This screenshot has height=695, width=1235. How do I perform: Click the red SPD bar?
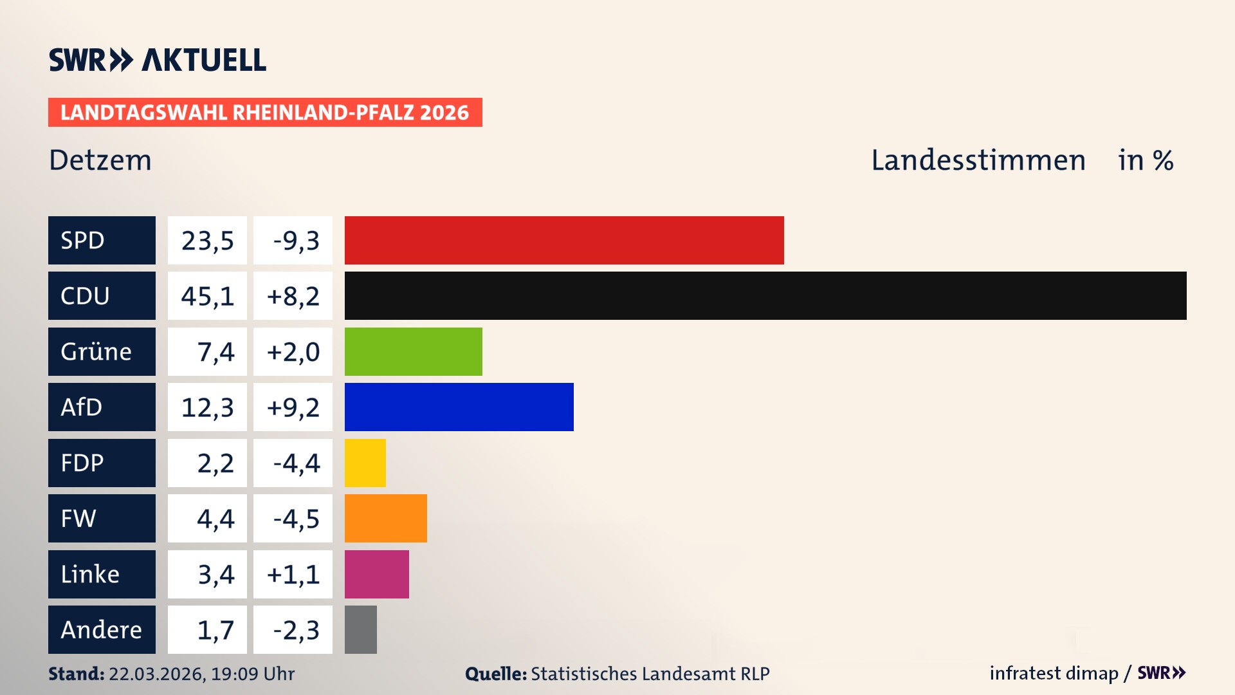pos(564,240)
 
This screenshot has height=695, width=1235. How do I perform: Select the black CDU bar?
pos(765,296)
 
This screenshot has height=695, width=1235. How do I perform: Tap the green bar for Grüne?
pos(413,351)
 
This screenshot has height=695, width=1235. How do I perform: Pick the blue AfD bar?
pos(459,407)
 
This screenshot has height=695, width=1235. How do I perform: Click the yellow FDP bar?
pos(365,463)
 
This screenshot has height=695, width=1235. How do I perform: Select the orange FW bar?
pos(385,518)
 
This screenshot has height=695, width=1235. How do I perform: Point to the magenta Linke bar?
pos(376,574)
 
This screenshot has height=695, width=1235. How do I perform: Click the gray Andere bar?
pos(360,629)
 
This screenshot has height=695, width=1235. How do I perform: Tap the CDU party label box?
pos(102,296)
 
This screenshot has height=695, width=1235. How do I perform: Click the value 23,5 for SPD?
pos(207,241)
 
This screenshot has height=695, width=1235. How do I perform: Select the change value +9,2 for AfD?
pos(293,407)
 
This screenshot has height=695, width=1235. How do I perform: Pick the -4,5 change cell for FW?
pos(293,519)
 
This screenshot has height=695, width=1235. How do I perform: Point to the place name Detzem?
pos(100,160)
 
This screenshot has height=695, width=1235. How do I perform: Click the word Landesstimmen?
pos(978,160)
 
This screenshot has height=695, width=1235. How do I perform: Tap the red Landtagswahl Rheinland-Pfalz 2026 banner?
pos(265,113)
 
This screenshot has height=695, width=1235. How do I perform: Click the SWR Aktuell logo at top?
pos(158,60)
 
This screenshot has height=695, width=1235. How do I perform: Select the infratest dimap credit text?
pos(1054,673)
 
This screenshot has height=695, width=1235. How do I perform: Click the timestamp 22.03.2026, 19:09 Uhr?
pos(201,674)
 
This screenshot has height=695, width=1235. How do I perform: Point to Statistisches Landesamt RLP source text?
pos(650,674)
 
